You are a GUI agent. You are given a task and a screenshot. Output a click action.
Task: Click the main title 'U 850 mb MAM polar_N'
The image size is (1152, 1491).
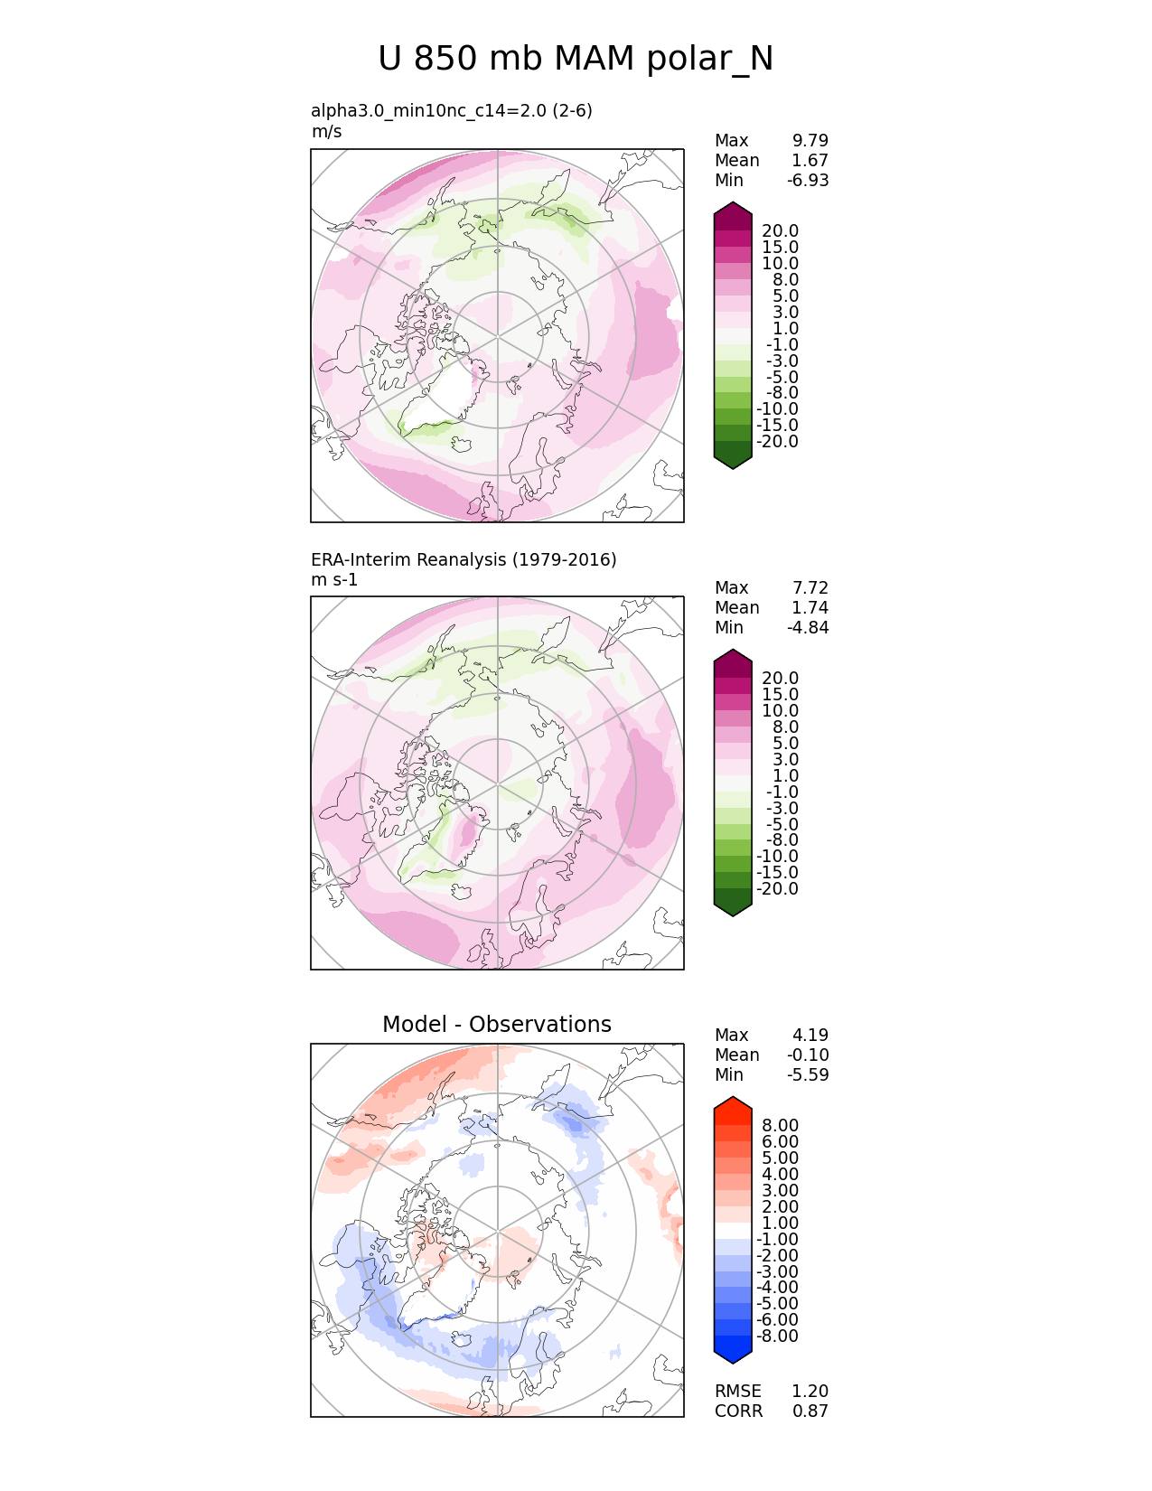(576, 59)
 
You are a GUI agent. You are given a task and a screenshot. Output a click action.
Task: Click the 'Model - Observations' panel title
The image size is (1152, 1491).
(497, 1024)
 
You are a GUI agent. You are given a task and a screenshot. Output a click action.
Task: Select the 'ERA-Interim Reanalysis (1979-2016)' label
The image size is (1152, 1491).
(464, 559)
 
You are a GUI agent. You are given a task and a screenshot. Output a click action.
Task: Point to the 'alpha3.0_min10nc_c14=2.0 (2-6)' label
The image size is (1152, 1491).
(452, 110)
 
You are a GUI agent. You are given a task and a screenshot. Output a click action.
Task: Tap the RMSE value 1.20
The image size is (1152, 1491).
(810, 1391)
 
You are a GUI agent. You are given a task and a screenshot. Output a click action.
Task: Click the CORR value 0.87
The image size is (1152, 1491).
(810, 1411)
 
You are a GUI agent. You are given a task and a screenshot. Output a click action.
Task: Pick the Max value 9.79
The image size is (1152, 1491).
(810, 140)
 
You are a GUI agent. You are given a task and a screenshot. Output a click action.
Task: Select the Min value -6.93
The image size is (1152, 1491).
(808, 180)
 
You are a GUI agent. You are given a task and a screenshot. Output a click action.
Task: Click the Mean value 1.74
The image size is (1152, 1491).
(810, 607)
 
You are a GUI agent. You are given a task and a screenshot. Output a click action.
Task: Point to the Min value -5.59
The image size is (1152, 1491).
(808, 1074)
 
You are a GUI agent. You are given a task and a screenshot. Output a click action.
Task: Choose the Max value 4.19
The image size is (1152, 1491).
(810, 1035)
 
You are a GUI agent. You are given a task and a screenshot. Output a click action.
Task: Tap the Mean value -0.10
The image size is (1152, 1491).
(808, 1055)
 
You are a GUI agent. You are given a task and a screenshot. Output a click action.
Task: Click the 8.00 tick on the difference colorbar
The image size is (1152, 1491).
(780, 1125)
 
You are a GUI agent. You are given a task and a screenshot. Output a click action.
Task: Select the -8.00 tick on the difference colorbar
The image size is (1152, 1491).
(777, 1336)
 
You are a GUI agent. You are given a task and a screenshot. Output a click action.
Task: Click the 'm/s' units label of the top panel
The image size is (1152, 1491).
(326, 131)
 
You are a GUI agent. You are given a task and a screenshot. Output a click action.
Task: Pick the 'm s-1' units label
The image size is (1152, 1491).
(334, 579)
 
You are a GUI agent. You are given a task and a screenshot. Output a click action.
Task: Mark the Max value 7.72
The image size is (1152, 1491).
(810, 587)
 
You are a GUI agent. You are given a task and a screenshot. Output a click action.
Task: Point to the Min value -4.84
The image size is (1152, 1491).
(808, 627)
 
